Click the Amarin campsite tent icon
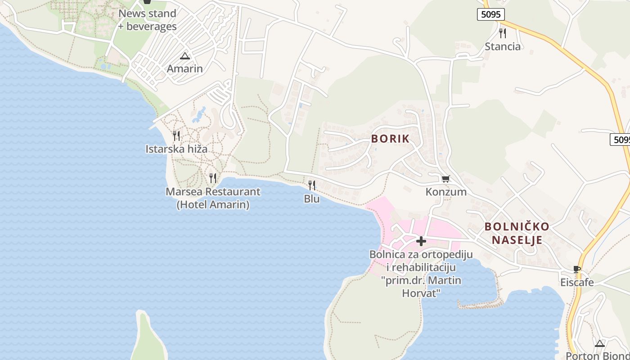(x=184, y=56)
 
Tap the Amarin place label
(x=184, y=69)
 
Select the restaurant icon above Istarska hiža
(x=176, y=135)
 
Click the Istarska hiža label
(x=176, y=148)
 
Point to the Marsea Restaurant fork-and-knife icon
(x=213, y=178)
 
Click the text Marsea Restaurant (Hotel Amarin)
(x=213, y=198)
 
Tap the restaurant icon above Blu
(x=311, y=185)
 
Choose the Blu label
(x=311, y=198)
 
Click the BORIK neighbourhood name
(x=391, y=139)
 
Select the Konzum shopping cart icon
(x=445, y=179)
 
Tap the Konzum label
(x=446, y=192)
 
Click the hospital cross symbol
(x=421, y=241)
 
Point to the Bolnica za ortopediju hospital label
(x=421, y=274)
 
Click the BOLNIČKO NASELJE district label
(x=517, y=233)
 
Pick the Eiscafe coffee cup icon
(x=577, y=270)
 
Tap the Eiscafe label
(x=577, y=283)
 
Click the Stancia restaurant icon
(x=503, y=33)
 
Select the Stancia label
(x=503, y=46)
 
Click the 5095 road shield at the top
(x=490, y=14)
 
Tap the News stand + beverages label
(x=147, y=20)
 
